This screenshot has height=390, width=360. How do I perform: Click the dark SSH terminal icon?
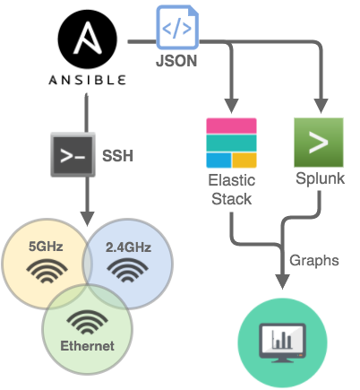(73, 154)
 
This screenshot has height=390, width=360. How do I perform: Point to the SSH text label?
(117, 155)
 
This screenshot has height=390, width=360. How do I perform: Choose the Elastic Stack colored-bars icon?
(230, 143)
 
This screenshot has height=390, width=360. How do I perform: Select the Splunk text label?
(320, 179)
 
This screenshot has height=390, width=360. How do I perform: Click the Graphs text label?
(313, 261)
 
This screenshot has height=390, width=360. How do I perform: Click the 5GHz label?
(46, 245)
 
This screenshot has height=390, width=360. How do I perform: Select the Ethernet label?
(87, 346)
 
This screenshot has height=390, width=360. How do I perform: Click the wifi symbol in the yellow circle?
(46, 269)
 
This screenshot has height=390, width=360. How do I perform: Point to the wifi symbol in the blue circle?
(126, 269)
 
